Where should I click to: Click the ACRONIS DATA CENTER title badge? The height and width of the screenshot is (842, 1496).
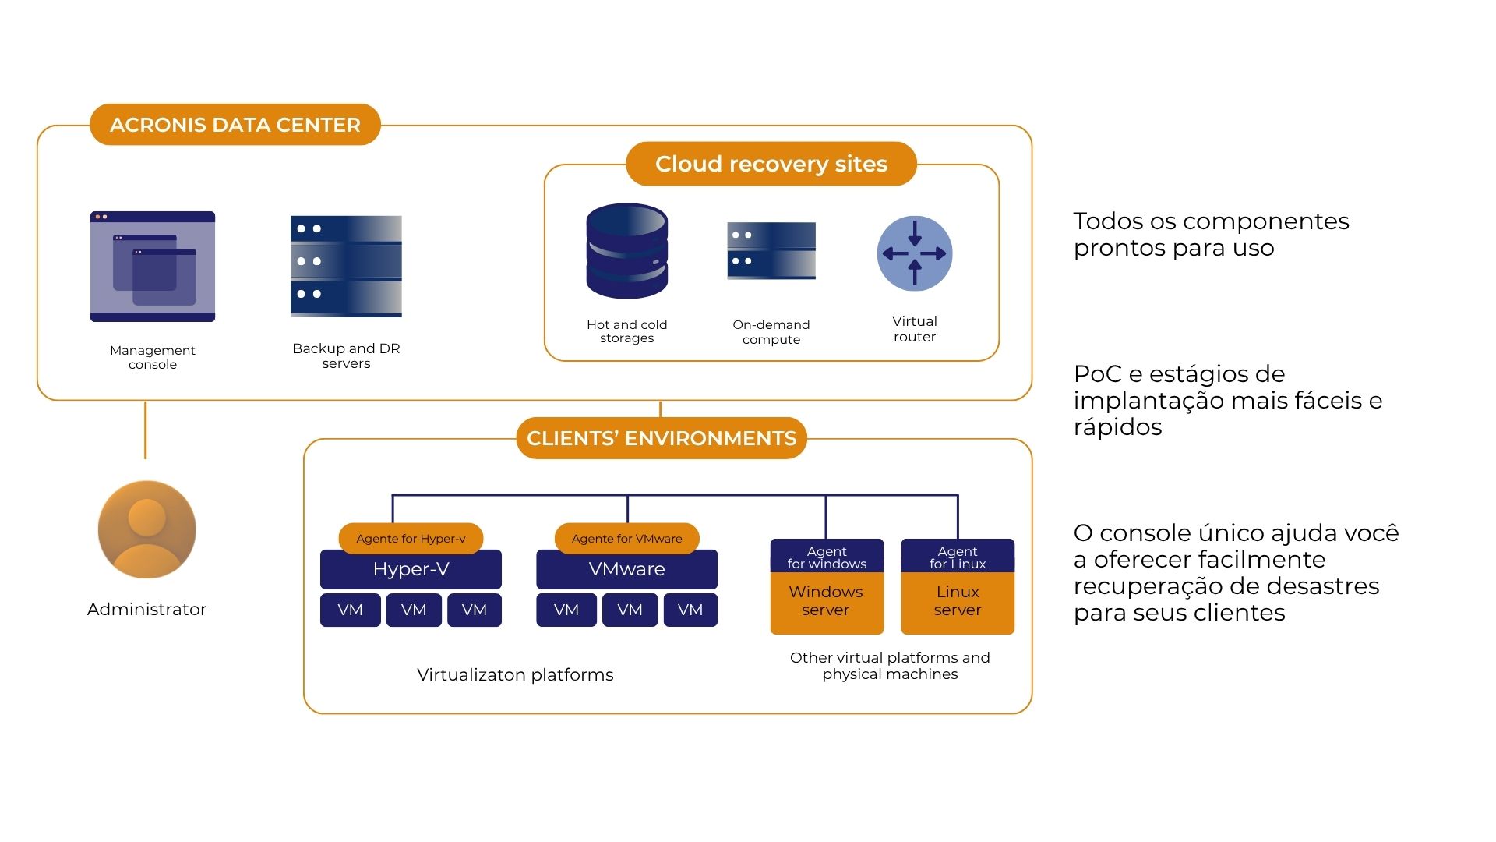[235, 125]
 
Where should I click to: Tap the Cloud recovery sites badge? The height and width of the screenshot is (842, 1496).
[771, 164]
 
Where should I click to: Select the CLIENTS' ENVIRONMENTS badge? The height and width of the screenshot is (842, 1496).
[662, 438]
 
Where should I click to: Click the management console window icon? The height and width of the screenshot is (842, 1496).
[153, 267]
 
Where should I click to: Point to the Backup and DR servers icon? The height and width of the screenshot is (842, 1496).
[346, 266]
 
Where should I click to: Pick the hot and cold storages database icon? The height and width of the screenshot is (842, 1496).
[626, 251]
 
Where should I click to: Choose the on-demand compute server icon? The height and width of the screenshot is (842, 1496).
[771, 250]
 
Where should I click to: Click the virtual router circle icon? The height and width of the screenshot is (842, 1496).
[915, 253]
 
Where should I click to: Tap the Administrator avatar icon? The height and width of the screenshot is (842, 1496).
[146, 529]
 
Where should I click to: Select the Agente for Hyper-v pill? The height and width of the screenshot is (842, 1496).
[411, 538]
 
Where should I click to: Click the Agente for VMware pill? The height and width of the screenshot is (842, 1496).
[626, 538]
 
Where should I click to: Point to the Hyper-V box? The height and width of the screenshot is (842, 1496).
[411, 570]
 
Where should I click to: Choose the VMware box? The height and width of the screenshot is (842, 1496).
[626, 570]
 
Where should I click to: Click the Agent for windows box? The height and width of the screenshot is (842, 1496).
[827, 557]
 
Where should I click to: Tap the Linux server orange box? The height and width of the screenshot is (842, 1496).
[958, 602]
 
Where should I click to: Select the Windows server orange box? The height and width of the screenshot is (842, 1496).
[827, 602]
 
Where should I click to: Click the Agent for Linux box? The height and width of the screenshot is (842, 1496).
[958, 557]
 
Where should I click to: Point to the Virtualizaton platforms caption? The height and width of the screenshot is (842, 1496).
[515, 675]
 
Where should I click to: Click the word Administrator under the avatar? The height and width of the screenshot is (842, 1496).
[146, 610]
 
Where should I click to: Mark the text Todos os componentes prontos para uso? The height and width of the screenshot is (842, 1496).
[1211, 235]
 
